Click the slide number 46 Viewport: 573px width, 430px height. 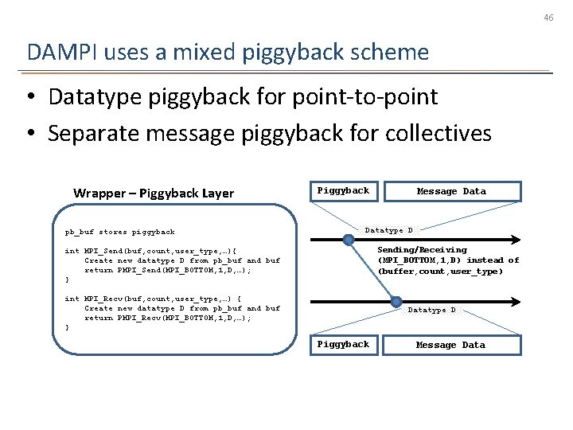[x=548, y=16]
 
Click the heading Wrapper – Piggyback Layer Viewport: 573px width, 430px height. [x=154, y=193]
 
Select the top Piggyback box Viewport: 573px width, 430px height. [x=343, y=191]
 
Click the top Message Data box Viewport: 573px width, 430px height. [x=451, y=191]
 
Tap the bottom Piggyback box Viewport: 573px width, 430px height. [x=343, y=344]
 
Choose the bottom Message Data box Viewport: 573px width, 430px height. [x=451, y=345]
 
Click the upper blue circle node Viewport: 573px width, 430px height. [x=349, y=239]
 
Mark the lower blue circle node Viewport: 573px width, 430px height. [x=396, y=301]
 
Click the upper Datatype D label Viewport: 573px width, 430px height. [x=388, y=231]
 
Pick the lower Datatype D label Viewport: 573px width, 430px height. [x=431, y=310]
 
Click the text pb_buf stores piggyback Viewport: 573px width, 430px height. [x=119, y=232]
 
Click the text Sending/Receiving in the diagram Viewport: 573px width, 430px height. [x=422, y=250]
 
